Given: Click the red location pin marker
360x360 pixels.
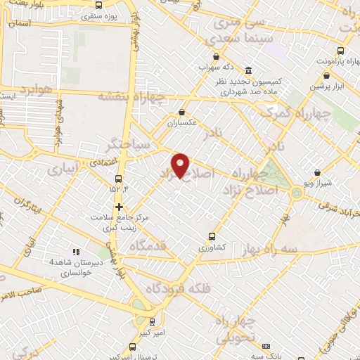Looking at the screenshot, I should point(181,165).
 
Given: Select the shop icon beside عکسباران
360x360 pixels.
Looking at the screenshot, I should point(182,111).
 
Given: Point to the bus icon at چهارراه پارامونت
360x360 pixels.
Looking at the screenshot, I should point(340,51).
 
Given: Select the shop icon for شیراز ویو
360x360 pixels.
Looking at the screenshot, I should point(317,172).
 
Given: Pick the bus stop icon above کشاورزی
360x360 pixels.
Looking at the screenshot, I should point(212,237).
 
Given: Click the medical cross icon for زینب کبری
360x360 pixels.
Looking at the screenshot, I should point(120,207).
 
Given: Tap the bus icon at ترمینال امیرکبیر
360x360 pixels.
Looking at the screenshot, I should point(133,347).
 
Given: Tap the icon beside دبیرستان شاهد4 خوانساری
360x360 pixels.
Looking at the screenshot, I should point(77,252).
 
